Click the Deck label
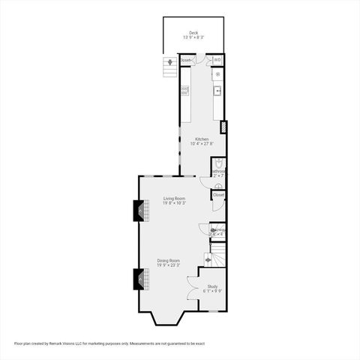(193, 32)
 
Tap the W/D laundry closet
(217, 60)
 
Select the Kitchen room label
(202, 139)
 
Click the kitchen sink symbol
(217, 91)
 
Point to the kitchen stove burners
(218, 75)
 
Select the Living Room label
(175, 198)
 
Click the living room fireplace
(138, 211)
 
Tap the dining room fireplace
(138, 278)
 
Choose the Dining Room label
(169, 260)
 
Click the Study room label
(212, 286)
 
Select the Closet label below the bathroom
(218, 195)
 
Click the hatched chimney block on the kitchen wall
(223, 126)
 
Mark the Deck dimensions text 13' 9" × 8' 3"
(193, 37)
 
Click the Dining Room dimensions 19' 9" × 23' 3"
(169, 265)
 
